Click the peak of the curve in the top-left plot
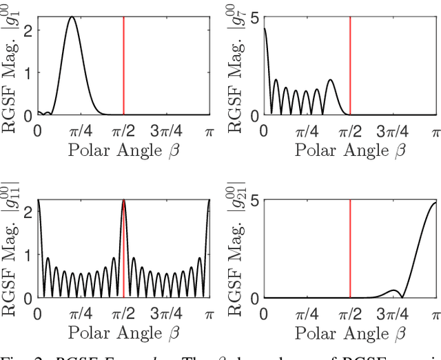coord(72,17)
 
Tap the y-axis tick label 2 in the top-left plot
coord(27,30)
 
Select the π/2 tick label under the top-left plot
coord(123,130)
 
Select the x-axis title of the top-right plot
coord(349,149)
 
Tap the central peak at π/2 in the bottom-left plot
coord(123,201)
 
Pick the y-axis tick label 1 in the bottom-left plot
coord(27,255)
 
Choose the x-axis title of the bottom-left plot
coord(123,332)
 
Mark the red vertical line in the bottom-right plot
coord(350,248)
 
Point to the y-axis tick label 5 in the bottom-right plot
coord(254,201)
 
